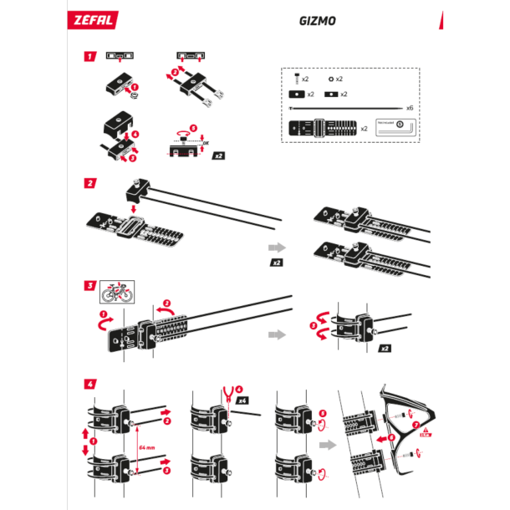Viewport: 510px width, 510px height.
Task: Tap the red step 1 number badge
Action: point(89,58)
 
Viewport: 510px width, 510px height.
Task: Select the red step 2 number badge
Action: point(89,183)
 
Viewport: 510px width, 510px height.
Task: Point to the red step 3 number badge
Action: point(89,285)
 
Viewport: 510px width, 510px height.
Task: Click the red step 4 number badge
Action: point(89,384)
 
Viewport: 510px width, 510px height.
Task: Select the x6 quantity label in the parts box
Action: point(410,108)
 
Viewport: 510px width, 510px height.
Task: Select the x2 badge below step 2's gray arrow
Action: point(276,263)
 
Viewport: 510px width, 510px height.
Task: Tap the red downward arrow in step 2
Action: point(132,206)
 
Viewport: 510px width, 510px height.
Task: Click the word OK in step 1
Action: point(206,143)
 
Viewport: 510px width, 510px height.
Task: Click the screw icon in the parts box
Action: point(293,78)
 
